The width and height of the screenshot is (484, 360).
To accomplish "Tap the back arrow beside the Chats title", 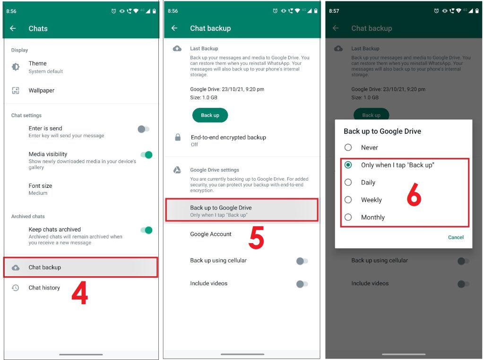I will [x=13, y=28].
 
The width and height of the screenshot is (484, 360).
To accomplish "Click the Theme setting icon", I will [x=16, y=67].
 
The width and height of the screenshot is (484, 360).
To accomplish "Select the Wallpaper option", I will [x=42, y=90].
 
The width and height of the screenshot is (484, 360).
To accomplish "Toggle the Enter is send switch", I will [x=144, y=129].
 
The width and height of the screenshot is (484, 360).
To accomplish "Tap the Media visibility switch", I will [x=147, y=155].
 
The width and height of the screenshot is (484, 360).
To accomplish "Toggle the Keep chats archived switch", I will [x=147, y=230].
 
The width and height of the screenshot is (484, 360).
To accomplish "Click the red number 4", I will [x=79, y=293].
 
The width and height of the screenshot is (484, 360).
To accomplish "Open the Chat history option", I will [x=44, y=288].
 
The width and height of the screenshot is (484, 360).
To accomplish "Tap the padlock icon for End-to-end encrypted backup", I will [x=178, y=138].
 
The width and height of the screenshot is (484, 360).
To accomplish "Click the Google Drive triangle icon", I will [x=177, y=170].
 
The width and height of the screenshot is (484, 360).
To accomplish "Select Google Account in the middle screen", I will [x=211, y=234].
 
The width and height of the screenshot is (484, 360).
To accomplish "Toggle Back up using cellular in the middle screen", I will [x=302, y=261].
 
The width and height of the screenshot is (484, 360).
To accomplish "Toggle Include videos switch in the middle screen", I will [x=302, y=284].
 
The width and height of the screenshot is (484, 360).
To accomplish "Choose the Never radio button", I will [x=348, y=148].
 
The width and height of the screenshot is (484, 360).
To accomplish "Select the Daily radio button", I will [x=348, y=183].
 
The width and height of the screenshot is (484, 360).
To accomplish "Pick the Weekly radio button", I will [x=348, y=200].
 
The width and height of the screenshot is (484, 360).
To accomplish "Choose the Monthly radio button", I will [x=348, y=218].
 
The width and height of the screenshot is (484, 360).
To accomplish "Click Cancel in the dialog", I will [x=456, y=237].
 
